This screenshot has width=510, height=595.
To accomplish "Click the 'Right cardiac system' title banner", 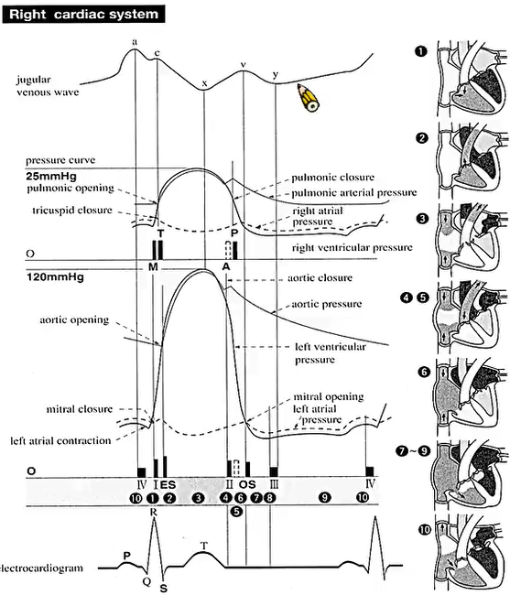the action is coord(83,15).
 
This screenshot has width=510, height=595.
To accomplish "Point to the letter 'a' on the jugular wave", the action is coord(135,42).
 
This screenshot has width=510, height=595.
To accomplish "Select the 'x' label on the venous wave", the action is coord(204,83).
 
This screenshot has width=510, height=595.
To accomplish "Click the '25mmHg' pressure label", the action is coord(51,176).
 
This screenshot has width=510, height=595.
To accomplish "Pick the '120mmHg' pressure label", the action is coord(55,277).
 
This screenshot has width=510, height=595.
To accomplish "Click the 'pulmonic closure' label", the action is coord(332,178).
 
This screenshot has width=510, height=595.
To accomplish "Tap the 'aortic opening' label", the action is coord(74,319).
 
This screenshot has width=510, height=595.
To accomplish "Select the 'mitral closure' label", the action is coord(80,409).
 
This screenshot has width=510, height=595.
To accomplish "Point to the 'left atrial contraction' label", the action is coord(60,441).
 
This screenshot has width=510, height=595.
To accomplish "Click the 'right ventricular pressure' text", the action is coord(352,248).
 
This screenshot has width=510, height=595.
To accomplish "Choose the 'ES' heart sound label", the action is coord(168,484).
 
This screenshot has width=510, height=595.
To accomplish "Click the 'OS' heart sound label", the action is coord(247,484).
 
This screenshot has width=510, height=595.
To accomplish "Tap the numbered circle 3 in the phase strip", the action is coord(198,497).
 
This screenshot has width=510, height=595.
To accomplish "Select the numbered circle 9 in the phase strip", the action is coord(324,497).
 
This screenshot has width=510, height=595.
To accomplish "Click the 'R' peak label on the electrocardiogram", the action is coord(153,512).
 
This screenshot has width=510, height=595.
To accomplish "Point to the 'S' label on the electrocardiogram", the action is coord(164,589).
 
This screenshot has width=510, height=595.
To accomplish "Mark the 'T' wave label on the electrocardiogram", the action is coord(204,546).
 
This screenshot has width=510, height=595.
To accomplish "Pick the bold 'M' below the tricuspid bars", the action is coord(153,266).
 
